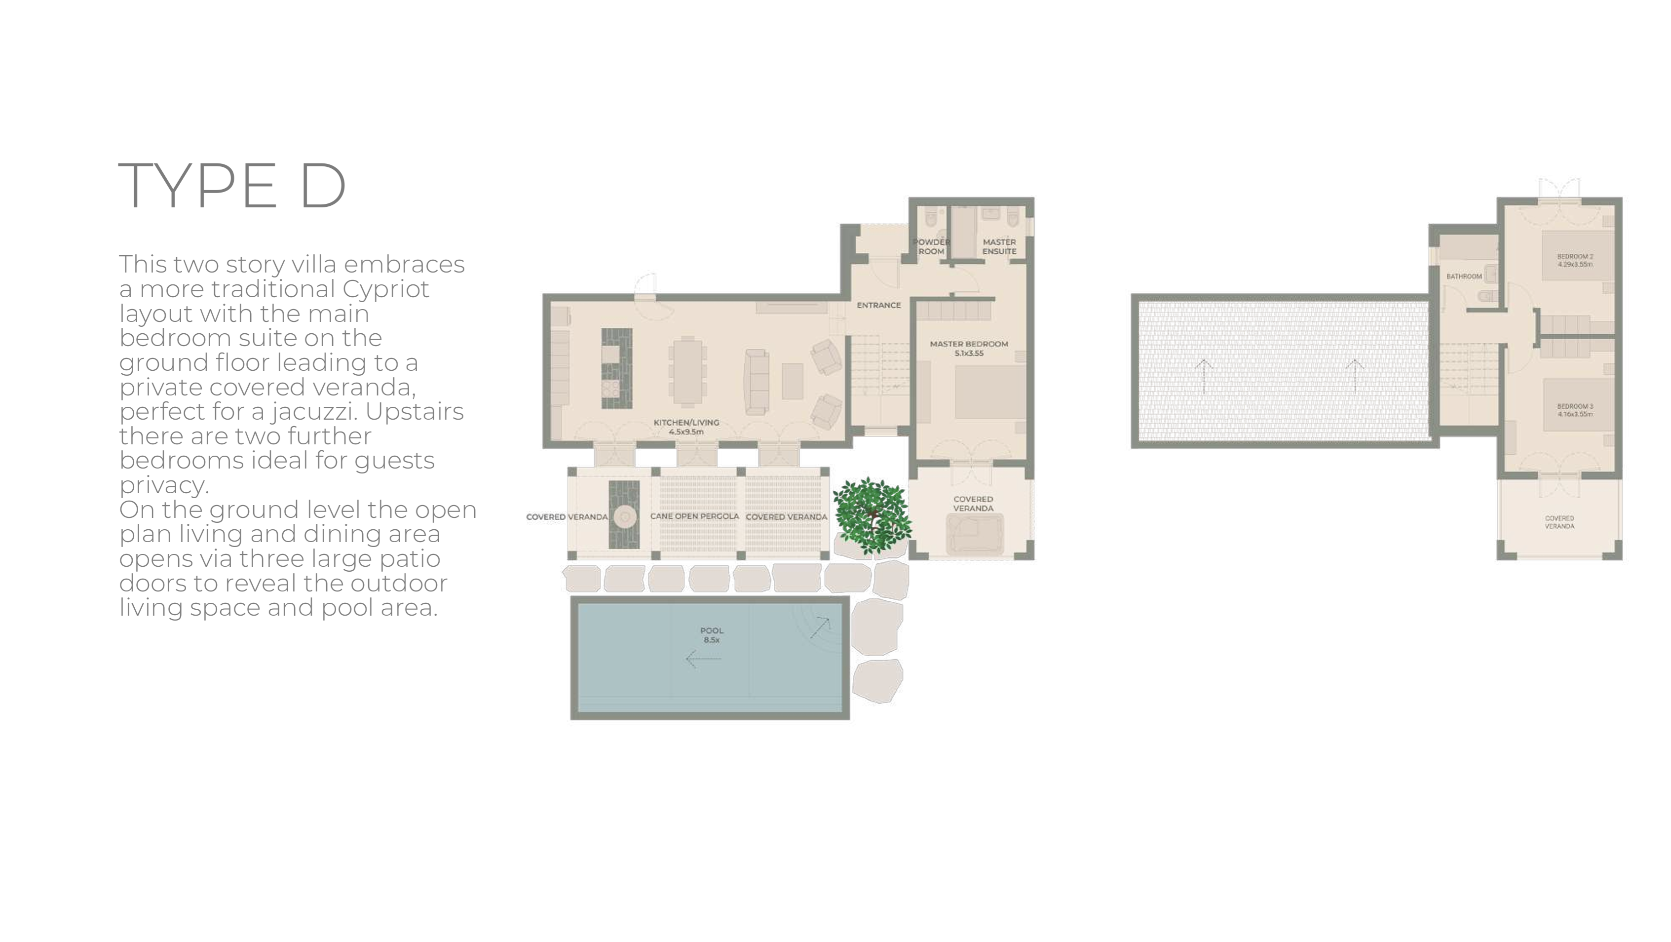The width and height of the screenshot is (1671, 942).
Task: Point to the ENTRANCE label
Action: [878, 305]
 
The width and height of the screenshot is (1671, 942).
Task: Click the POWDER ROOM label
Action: [931, 246]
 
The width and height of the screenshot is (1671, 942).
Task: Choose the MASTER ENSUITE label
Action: [999, 246]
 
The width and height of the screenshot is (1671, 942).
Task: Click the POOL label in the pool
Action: [712, 635]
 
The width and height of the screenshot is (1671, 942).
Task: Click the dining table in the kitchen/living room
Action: [687, 371]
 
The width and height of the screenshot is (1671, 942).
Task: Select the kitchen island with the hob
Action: [616, 368]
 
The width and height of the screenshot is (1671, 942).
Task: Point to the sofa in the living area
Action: [757, 382]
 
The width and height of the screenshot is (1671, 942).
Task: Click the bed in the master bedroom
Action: [990, 392]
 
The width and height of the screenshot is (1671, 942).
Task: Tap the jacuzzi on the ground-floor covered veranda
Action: [974, 534]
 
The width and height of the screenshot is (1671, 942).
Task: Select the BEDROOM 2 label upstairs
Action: [1575, 260]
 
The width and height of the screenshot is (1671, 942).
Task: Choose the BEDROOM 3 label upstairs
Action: [1575, 410]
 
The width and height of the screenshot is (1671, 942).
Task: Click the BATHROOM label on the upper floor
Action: [1464, 276]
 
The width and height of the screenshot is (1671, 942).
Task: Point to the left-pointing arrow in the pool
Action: [703, 659]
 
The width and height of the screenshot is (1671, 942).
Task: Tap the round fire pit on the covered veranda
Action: [625, 517]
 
